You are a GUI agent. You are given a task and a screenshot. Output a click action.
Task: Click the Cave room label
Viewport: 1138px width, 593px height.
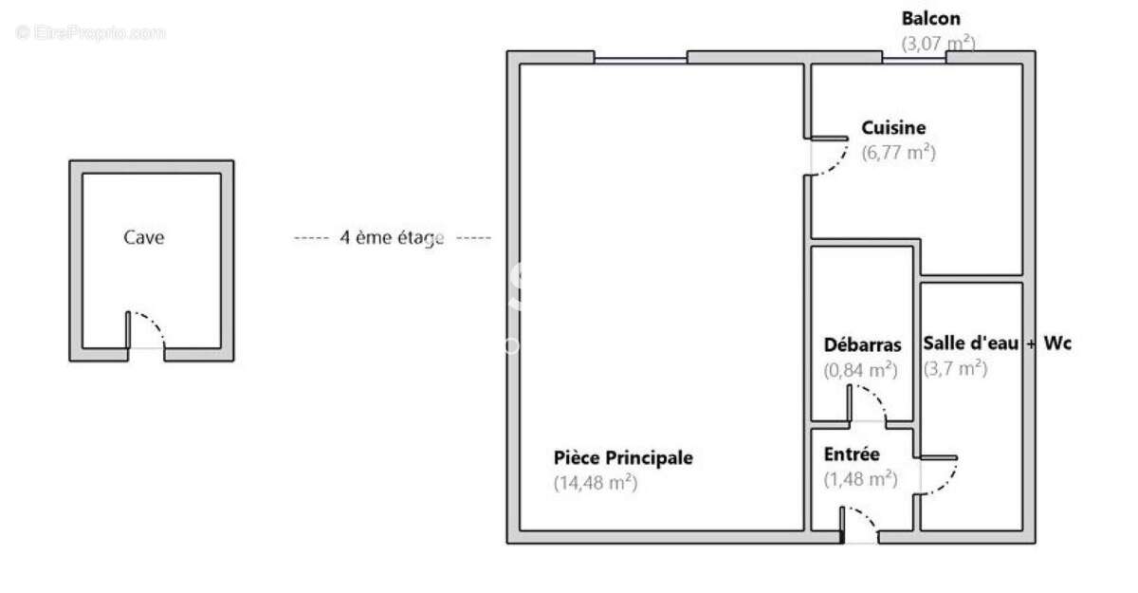click(143, 237)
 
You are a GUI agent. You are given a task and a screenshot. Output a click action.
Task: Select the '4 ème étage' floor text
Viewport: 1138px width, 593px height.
click(392, 237)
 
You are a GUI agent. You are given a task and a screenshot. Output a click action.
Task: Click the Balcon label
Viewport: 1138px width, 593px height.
click(930, 18)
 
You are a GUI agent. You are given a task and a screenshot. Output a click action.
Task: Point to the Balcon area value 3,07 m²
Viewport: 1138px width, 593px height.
click(937, 43)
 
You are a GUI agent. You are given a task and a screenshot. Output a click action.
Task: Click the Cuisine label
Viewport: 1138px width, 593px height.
click(893, 128)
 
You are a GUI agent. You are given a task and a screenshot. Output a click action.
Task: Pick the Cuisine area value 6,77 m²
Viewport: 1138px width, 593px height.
click(898, 152)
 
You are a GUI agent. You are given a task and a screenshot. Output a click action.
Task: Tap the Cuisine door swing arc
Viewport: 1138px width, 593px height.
click(829, 158)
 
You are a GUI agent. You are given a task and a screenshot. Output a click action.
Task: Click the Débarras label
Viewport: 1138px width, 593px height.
click(862, 345)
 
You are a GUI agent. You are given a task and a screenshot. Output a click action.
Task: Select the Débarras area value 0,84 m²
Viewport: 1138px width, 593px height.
click(860, 370)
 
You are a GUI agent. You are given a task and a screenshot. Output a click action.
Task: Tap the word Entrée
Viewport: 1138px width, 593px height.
click(852, 454)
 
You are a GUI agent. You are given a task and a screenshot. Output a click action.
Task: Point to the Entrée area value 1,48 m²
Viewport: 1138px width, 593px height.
click(860, 479)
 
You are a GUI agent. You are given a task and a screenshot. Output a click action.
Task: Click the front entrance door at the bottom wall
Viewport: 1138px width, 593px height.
click(860, 528)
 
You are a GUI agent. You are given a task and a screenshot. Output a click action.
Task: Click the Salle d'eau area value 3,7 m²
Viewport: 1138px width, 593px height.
click(955, 369)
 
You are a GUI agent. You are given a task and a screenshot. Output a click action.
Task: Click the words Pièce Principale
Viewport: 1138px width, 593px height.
click(623, 458)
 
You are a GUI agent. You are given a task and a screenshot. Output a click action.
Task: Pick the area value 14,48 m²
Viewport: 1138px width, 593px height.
click(595, 482)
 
